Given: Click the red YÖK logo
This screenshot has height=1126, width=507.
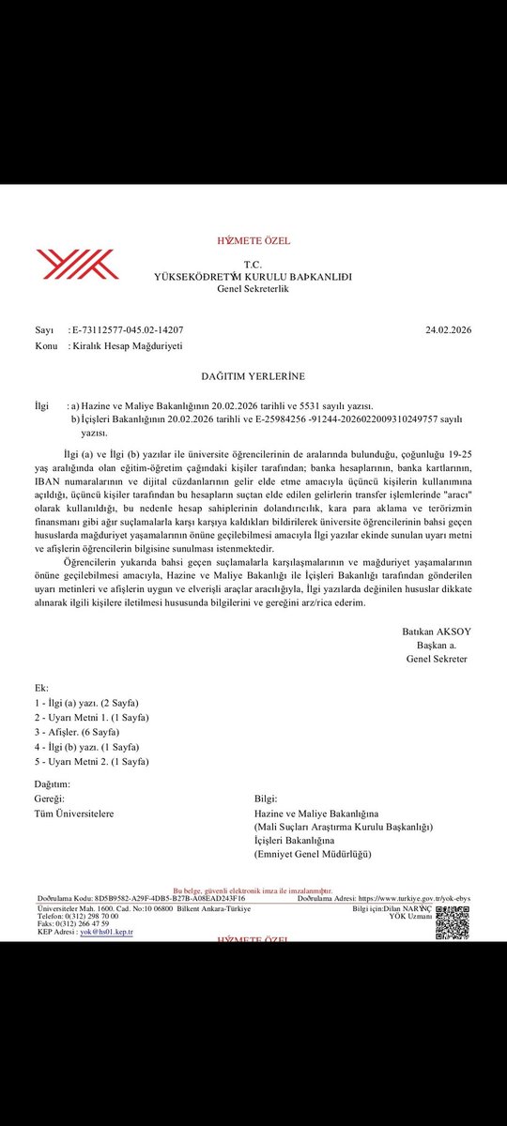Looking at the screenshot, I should point(77,264).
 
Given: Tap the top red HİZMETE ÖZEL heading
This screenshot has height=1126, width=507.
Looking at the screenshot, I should point(253,241).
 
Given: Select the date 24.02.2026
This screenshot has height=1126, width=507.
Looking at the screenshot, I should point(448,330).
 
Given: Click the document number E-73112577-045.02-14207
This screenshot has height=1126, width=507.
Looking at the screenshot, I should point(127,330).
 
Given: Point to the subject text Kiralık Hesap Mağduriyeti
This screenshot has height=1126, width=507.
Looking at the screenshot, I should point(126,345).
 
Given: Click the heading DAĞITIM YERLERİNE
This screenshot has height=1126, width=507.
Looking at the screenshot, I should point(253,376).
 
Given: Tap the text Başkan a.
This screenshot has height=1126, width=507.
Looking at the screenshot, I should point(441,645).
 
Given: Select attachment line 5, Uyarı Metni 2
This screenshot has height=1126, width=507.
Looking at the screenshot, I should point(92,762).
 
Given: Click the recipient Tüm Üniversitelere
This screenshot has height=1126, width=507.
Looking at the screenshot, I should point(74,814).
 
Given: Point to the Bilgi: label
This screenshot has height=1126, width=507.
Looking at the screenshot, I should point(265,798).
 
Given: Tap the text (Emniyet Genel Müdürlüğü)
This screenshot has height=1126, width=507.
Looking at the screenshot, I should point(313,855).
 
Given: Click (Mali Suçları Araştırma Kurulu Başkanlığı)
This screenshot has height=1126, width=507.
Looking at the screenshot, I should point(343,828).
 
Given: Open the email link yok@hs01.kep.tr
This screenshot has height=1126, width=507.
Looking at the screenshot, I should point(106,932).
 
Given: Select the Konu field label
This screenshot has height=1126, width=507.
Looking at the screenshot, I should point(46,345).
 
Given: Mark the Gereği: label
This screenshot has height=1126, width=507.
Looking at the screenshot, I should point(50,798).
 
